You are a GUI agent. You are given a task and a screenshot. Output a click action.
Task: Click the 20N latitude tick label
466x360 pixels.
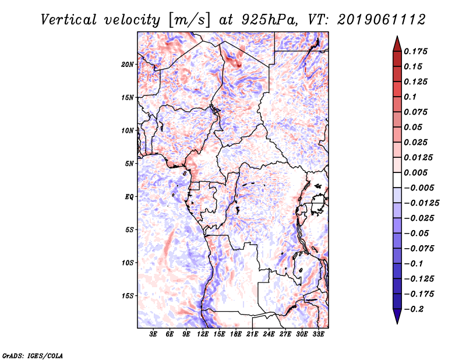click(x=128, y=64)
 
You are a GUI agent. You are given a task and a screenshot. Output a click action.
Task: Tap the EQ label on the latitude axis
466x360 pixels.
click(x=129, y=197)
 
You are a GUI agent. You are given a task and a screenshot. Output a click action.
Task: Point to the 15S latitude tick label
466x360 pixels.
click(x=128, y=296)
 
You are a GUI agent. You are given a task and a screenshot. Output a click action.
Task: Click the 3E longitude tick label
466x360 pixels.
click(x=154, y=334)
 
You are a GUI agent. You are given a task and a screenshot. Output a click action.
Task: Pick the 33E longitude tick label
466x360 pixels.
click(x=319, y=334)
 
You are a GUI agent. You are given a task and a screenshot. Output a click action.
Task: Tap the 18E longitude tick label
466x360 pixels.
click(x=236, y=334)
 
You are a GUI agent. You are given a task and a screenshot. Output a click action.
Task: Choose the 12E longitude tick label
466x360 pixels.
click(x=203, y=334)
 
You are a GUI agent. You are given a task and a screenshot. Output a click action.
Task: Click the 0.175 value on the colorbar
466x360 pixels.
click(x=417, y=51)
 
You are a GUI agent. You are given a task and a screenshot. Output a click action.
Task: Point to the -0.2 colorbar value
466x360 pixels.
click(x=415, y=309)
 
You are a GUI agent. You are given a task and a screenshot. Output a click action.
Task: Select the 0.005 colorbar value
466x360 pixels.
click(x=417, y=172)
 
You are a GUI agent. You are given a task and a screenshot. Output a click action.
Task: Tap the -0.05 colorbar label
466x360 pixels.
click(x=417, y=233)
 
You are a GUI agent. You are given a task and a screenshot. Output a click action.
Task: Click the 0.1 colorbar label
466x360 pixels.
click(x=412, y=97)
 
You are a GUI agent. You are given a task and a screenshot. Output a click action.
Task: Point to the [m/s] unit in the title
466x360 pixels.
click(x=187, y=19)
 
